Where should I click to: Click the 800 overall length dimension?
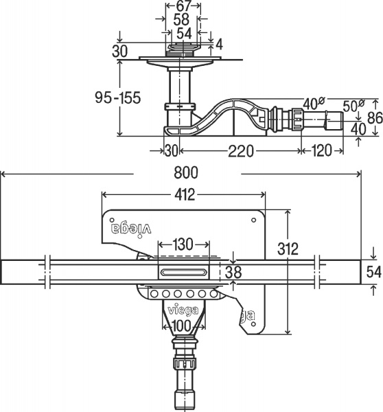(x=186, y=173)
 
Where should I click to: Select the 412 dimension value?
(x=185, y=195)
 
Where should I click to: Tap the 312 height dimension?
(x=288, y=249)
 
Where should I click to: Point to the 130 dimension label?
(x=183, y=244)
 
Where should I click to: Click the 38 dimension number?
(x=233, y=272)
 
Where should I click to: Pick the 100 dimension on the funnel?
(x=182, y=326)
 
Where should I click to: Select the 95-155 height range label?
(x=117, y=98)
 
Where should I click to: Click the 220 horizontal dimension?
(x=241, y=151)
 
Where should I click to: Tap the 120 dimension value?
(x=321, y=151)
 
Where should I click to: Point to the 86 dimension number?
(x=375, y=118)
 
